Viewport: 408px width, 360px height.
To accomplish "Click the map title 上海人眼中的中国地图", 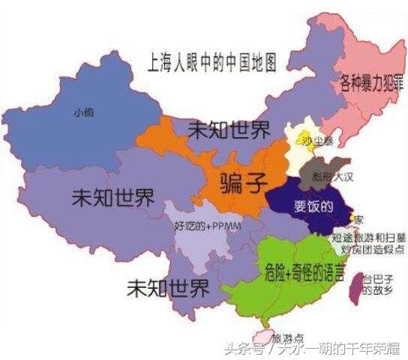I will click(x=208, y=61).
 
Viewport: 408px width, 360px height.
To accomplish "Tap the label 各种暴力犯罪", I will click(x=370, y=81).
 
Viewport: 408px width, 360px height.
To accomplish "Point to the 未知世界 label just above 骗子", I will click(x=228, y=130).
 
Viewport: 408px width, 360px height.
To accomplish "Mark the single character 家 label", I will click(x=358, y=220).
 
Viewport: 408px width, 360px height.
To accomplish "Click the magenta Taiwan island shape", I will click(x=354, y=286).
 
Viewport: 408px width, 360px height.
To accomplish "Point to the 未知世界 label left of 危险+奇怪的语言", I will click(x=168, y=287).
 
